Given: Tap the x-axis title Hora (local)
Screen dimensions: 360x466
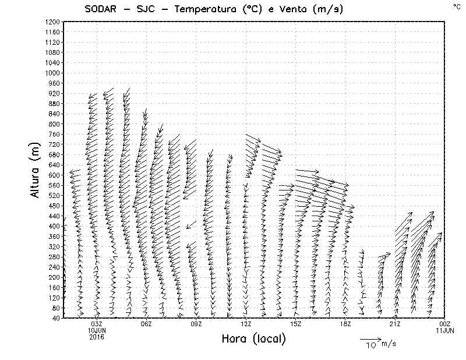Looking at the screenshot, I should (x=253, y=338).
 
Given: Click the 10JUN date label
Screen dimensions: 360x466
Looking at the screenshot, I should (x=97, y=330).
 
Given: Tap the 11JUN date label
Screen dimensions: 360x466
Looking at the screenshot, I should (x=445, y=330).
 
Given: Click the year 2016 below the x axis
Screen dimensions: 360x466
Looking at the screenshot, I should (x=97, y=336).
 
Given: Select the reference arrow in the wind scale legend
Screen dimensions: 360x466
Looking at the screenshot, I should (x=370, y=338).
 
